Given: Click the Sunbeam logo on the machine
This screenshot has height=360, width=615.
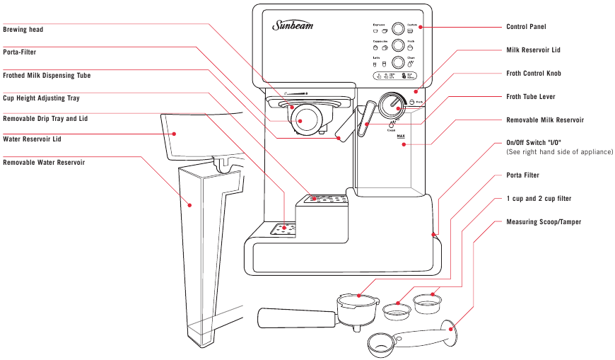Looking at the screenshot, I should point(293,27).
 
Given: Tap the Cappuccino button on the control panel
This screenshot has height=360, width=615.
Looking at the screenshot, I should point(398,45).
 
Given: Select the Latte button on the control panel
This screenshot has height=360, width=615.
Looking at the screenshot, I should point(398,62).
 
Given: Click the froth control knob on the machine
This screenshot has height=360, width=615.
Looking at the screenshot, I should point(389,107).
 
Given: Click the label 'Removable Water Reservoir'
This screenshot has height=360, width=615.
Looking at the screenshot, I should point(44,163).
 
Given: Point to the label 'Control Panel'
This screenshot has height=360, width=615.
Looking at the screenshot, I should point(526,27).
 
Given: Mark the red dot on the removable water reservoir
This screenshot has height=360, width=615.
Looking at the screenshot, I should point(190,205).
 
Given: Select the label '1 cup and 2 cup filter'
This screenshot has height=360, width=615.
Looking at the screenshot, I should point(539,199).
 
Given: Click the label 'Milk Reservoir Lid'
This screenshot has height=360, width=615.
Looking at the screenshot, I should point(533,51).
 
